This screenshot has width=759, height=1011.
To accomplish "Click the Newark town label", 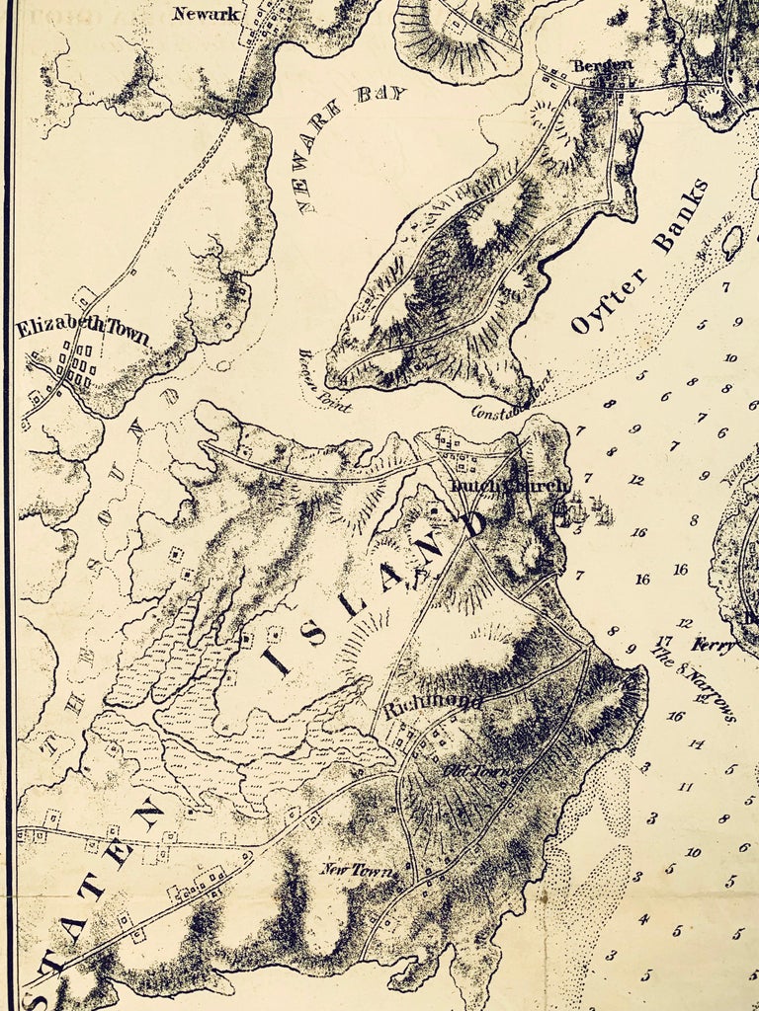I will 206,14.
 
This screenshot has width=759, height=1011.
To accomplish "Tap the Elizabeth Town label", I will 82,330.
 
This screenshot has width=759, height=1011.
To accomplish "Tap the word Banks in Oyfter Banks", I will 683,216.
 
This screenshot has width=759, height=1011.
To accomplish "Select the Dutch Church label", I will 509,486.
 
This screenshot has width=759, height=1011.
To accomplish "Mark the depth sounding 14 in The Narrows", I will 696,743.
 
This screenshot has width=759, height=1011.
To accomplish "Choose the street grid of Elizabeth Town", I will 80,366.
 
